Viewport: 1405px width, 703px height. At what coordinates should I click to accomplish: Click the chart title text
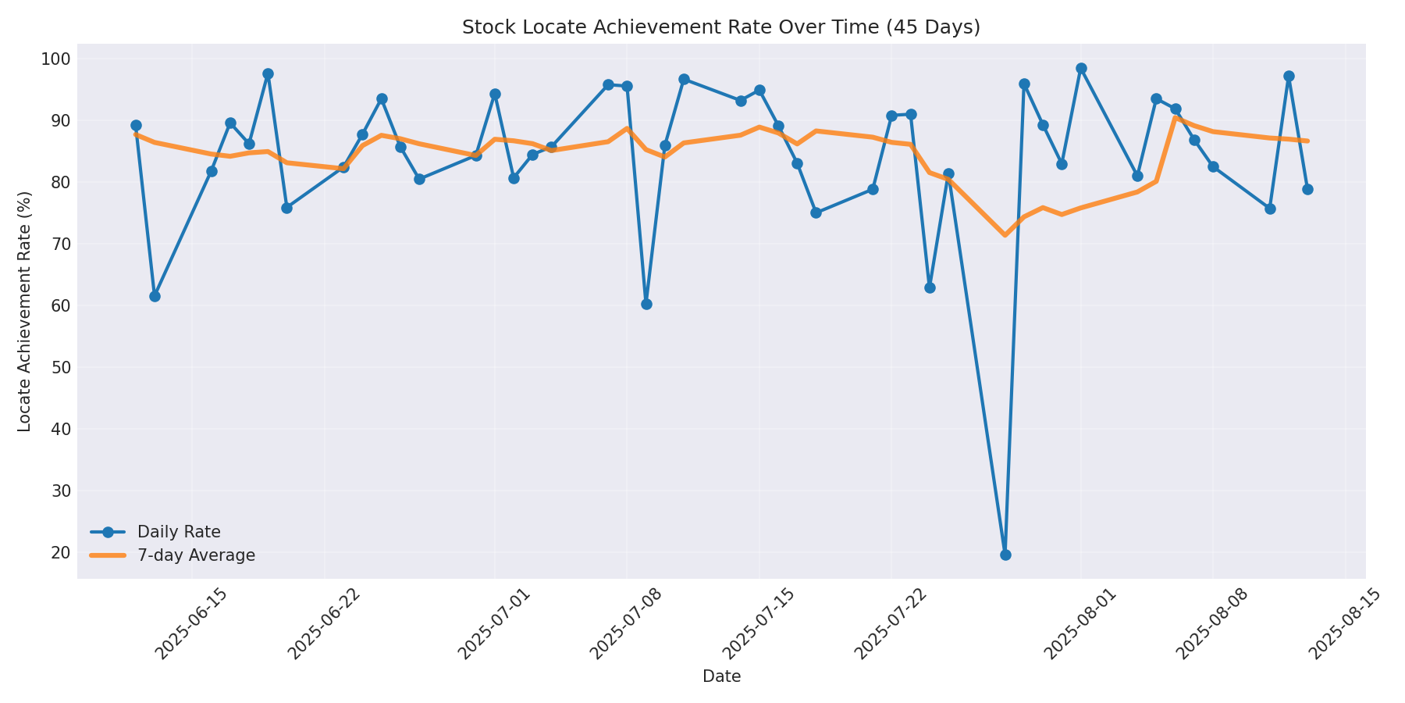click(720, 27)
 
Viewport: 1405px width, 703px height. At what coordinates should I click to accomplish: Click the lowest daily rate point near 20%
click(1005, 555)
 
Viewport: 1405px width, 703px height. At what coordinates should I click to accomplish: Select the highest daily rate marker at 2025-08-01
click(1081, 69)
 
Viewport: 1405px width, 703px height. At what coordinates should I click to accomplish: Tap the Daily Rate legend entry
click(179, 532)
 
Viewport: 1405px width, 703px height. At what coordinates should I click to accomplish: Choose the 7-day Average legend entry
click(196, 555)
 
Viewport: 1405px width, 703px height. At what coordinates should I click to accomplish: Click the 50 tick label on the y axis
click(61, 367)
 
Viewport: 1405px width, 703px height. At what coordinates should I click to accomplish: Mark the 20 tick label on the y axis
click(61, 552)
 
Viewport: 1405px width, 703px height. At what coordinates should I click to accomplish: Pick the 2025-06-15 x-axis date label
click(192, 625)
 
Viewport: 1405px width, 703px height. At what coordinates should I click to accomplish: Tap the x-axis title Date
click(721, 676)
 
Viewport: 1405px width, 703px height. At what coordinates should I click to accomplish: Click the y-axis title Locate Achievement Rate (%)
click(25, 311)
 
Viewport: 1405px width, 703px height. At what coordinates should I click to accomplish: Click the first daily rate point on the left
click(136, 126)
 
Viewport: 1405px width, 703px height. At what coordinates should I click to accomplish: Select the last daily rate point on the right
click(1307, 189)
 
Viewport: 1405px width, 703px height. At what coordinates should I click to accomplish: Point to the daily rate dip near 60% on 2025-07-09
click(646, 304)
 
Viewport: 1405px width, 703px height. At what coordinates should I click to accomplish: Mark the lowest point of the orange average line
click(1005, 234)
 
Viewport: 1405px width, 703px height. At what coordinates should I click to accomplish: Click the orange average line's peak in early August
click(1176, 118)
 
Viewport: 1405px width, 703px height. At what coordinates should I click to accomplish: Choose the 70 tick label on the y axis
click(61, 244)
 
